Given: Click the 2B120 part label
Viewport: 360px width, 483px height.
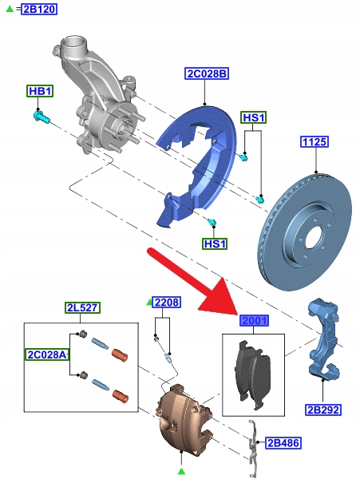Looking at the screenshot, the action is click(39, 9).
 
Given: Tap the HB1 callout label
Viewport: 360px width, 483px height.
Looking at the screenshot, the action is click(40, 91).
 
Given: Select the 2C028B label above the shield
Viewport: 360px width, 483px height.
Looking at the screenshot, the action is click(207, 74).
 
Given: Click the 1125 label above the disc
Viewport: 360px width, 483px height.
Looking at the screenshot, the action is click(315, 141).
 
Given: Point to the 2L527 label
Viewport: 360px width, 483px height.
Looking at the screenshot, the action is click(82, 307).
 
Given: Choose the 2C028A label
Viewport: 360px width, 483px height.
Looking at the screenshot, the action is click(47, 354).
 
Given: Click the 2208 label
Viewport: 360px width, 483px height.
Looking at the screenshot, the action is click(167, 303).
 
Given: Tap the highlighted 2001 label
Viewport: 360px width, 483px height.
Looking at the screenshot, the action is click(254, 321).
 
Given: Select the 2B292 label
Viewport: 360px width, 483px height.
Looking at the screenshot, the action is click(323, 410).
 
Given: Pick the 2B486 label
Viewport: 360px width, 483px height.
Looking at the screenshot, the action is click(283, 443).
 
